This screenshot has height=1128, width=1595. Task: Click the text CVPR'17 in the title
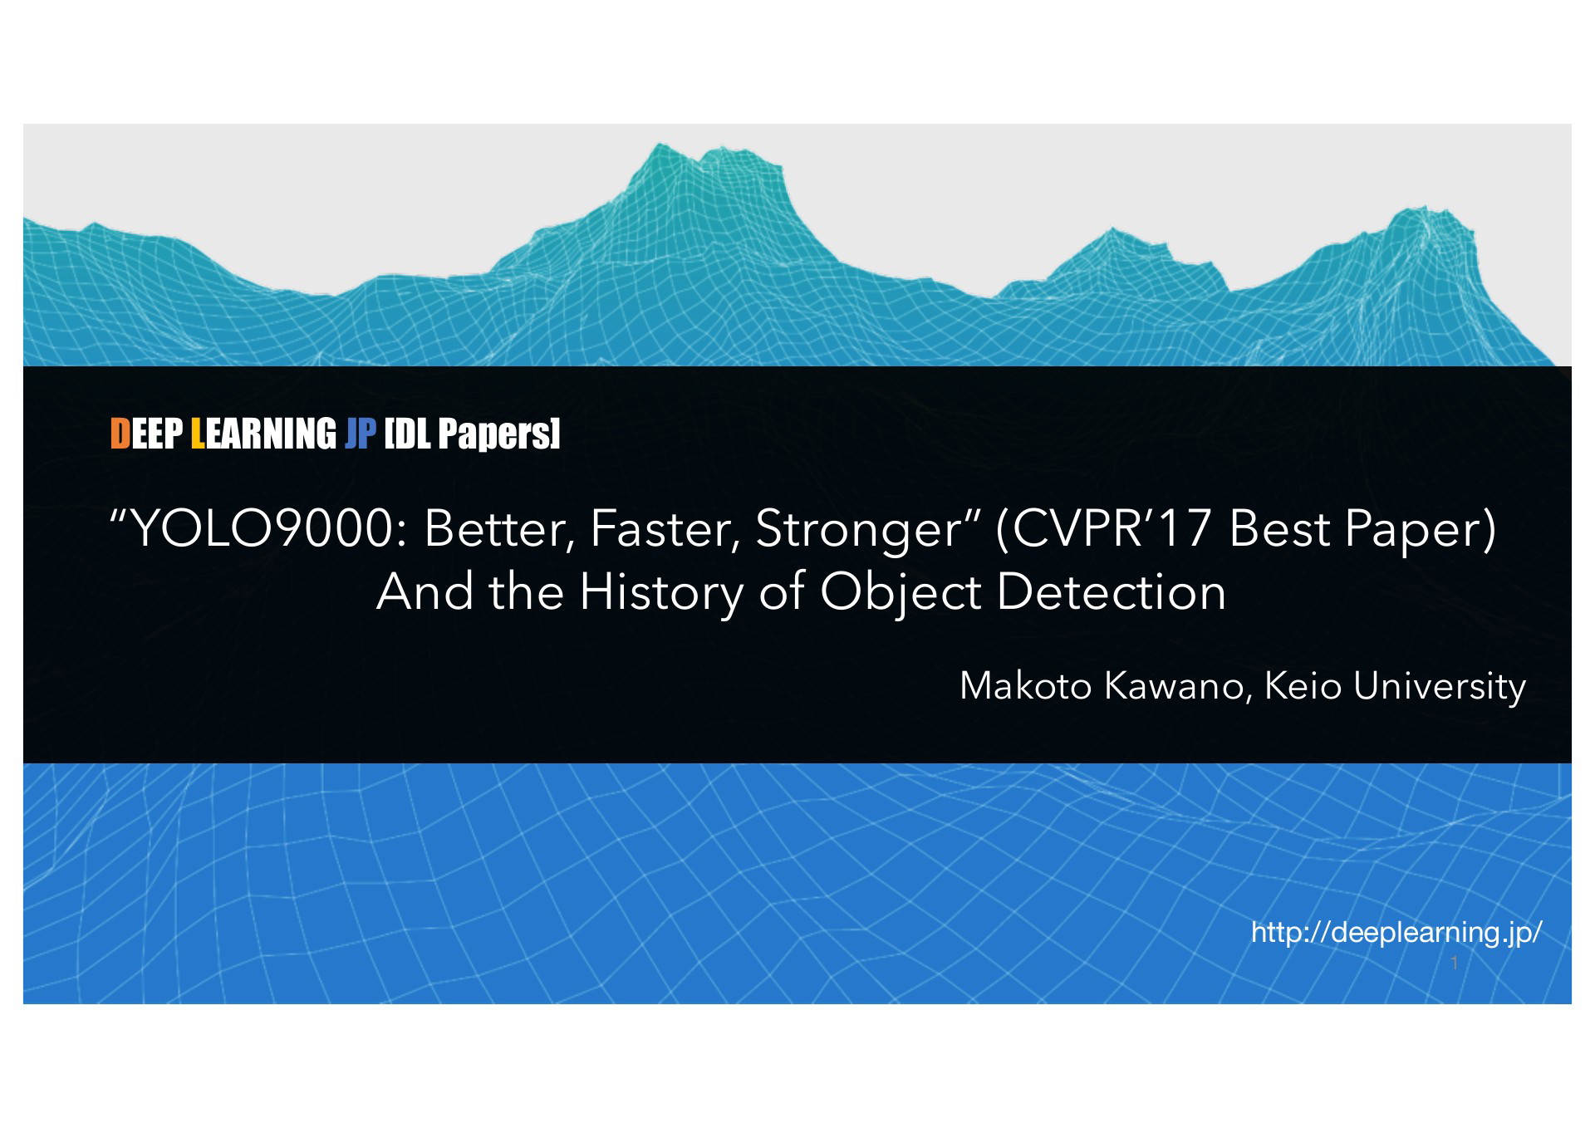(1111, 529)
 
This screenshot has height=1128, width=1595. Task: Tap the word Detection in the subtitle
(1111, 591)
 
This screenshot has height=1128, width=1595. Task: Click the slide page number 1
(1454, 963)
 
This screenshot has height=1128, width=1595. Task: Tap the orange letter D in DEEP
(120, 434)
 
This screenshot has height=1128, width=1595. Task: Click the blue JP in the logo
(361, 434)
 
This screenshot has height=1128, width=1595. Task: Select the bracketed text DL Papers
(472, 434)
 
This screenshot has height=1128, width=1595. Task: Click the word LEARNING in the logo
(263, 434)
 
